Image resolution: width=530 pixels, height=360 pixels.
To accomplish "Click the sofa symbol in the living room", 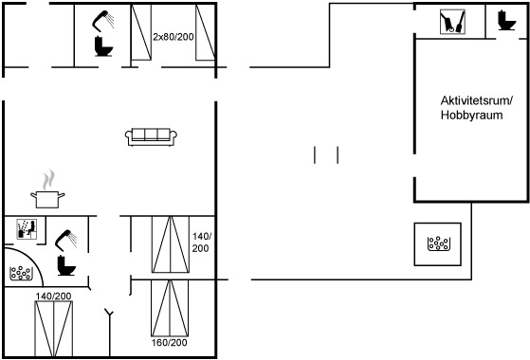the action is pyautogui.click(x=151, y=136).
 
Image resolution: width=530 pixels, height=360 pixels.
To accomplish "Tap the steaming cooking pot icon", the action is pyautogui.click(x=47, y=189).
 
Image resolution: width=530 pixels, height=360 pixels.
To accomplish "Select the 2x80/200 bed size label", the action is pyautogui.click(x=174, y=36).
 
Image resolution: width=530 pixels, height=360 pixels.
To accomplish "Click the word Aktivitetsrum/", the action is pyautogui.click(x=477, y=100).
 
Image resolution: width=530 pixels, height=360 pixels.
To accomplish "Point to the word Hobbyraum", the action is pyautogui.click(x=471, y=116).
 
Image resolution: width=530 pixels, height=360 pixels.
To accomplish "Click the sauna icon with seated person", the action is pyautogui.click(x=27, y=229).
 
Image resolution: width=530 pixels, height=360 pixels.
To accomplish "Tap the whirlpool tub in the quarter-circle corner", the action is pyautogui.click(x=21, y=273).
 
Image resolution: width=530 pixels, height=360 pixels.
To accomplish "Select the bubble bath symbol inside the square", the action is pyautogui.click(x=438, y=243).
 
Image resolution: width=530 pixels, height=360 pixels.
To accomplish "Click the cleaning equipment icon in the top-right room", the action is pyautogui.click(x=452, y=22).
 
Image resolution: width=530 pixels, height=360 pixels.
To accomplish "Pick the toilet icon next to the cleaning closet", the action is pyautogui.click(x=506, y=21).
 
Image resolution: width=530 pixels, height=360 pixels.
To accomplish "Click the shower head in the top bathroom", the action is pyautogui.click(x=102, y=21).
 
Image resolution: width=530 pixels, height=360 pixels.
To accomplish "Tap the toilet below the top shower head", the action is pyautogui.click(x=103, y=46).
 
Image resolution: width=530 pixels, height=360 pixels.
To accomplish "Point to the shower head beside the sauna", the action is pyautogui.click(x=66, y=240).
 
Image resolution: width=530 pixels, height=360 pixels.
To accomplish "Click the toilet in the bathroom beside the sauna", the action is pyautogui.click(x=66, y=265).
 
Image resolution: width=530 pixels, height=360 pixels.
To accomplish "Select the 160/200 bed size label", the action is pyautogui.click(x=169, y=342).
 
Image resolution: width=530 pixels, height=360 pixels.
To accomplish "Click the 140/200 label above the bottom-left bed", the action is pyautogui.click(x=53, y=297).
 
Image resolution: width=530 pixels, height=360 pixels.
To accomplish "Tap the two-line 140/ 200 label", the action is pyautogui.click(x=201, y=243).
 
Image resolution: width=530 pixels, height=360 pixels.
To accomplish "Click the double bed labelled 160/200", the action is pyautogui.click(x=170, y=308).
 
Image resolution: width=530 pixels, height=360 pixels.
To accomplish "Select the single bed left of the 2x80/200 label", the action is pyautogui.click(x=141, y=32).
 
